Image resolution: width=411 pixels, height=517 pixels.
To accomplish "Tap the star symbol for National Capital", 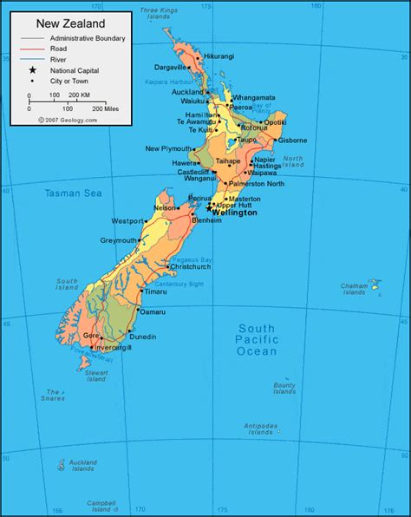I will pyautogui.click(x=32, y=70).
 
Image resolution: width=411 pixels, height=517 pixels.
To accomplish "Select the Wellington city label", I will pyautogui.click(x=235, y=212).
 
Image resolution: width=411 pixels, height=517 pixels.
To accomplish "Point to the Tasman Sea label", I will pyautogui.click(x=68, y=193).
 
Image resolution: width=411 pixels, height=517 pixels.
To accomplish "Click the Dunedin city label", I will pyautogui.click(x=142, y=336).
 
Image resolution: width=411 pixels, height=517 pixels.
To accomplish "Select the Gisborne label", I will pyautogui.click(x=292, y=140).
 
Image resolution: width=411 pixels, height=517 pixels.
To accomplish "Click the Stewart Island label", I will pyautogui.click(x=96, y=376).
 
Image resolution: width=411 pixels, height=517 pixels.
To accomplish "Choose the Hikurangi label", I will pyautogui.click(x=219, y=56).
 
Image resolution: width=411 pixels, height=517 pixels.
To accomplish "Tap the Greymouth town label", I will pyautogui.click(x=119, y=240).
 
